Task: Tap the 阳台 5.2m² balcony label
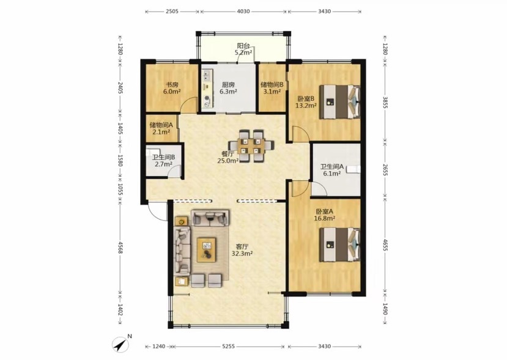pyautogui.click(x=243, y=49)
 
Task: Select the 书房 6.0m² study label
pyautogui.click(x=172, y=88)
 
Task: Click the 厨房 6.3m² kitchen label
pyautogui.click(x=228, y=88)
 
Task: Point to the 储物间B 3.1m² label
pyautogui.click(x=272, y=88)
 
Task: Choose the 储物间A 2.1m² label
pyautogui.click(x=161, y=128)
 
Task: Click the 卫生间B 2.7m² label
pyautogui.click(x=164, y=160)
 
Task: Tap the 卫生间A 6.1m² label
pyautogui.click(x=331, y=170)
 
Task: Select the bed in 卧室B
pyautogui.click(x=339, y=102)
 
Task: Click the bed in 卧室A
pyautogui.click(x=339, y=244)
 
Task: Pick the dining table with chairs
pyautogui.click(x=251, y=145)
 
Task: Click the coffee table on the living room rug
pyautogui.click(x=206, y=249)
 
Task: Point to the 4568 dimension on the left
pyautogui.click(x=120, y=247)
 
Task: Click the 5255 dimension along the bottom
pyautogui.click(x=228, y=347)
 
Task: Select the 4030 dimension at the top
pyautogui.click(x=243, y=12)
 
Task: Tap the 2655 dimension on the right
pyautogui.click(x=385, y=170)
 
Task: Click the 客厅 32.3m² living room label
pyautogui.click(x=242, y=250)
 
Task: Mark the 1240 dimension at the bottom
pyautogui.click(x=159, y=347)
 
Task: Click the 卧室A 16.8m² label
pyautogui.click(x=324, y=215)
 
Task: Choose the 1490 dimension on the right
pyautogui.click(x=385, y=309)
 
